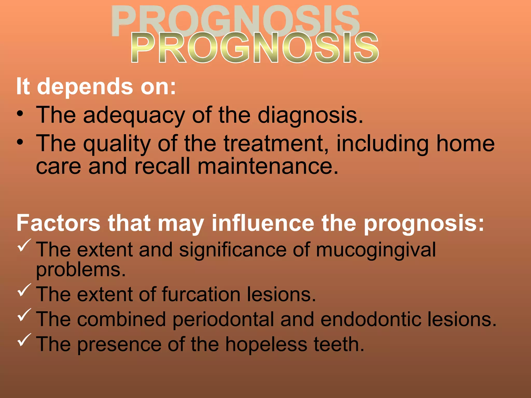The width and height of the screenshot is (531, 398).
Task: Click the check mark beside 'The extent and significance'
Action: click(24, 245)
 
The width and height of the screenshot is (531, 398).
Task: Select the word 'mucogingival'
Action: click(376, 250)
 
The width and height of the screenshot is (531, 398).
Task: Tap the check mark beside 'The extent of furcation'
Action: click(24, 290)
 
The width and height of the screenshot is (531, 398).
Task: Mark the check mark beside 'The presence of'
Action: click(24, 340)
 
